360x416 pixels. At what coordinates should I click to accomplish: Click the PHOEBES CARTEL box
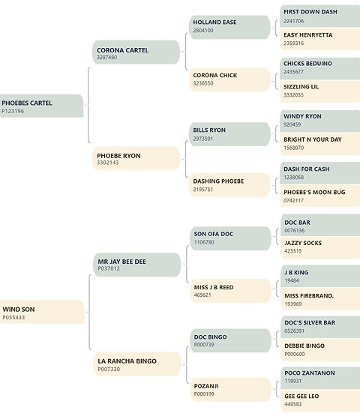pos(41,106)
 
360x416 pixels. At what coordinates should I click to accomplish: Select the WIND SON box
pos(42,312)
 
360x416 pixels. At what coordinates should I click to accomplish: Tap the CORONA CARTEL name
pos(122,50)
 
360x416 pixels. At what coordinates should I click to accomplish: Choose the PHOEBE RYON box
pos(136,158)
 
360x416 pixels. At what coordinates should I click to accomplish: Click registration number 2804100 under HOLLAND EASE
pos(203,31)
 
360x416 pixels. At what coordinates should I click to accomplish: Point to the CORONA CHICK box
pos(230,79)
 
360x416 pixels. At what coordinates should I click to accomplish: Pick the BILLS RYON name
pos(209,130)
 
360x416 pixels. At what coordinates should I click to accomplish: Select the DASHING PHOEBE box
pos(230,185)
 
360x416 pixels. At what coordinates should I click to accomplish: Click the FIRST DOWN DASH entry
pos(320,16)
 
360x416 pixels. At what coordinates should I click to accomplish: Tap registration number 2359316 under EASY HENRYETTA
pos(294,43)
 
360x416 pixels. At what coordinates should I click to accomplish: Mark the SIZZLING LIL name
pos(301,87)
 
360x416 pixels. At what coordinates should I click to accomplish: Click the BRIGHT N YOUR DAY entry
pos(320,143)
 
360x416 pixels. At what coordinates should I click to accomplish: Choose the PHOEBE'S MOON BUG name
pos(314,192)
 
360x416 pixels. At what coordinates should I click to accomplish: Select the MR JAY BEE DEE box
pos(137,265)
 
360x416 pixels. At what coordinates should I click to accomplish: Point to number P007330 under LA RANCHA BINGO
pos(109,369)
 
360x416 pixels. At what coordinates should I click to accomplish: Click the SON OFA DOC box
pos(231,238)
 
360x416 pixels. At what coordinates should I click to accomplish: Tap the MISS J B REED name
pos(214,287)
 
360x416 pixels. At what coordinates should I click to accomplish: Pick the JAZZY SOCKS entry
pos(320,247)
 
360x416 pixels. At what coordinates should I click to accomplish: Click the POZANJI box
pos(231,390)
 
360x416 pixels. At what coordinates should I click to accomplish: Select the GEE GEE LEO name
pos(301,396)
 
